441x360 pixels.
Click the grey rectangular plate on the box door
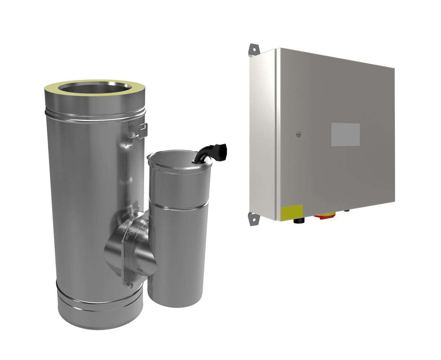(x=345, y=135)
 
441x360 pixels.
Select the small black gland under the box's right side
(x=346, y=213)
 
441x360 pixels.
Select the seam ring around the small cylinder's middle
(x=177, y=206)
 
